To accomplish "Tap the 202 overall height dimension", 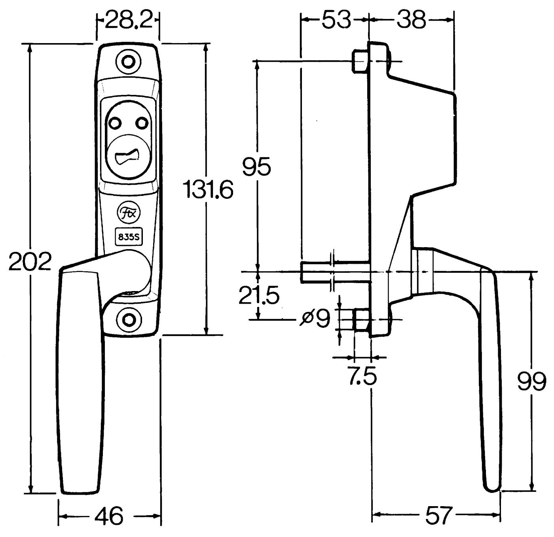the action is [x=30, y=262].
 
